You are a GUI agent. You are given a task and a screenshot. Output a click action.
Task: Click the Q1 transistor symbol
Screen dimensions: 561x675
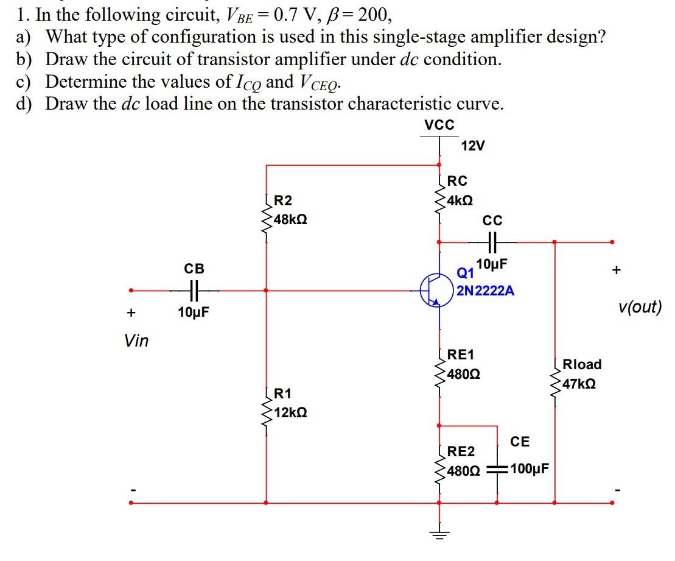click(x=434, y=291)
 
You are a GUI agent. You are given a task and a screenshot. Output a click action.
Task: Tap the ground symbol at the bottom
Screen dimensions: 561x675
click(x=438, y=535)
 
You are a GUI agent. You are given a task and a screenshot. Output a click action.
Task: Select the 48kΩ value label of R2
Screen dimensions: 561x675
click(x=290, y=219)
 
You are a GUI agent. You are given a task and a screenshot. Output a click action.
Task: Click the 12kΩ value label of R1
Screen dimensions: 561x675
click(x=290, y=412)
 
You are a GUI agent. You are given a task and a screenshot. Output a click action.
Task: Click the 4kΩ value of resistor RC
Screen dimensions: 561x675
click(x=460, y=200)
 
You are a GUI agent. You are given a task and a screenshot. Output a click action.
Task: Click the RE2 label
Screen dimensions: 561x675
click(x=461, y=451)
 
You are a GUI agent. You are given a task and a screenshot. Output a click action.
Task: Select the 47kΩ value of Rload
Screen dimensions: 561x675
click(x=579, y=384)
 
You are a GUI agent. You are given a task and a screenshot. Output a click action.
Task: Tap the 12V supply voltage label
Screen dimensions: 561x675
click(x=474, y=146)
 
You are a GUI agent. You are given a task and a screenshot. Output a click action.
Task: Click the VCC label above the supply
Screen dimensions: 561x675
click(x=439, y=125)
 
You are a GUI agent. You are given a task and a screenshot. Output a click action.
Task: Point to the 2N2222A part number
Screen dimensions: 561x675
click(x=485, y=291)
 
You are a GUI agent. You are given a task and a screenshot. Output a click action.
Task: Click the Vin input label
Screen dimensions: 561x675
click(x=136, y=340)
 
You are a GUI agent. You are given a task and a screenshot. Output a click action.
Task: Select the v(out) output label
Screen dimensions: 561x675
click(x=639, y=306)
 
